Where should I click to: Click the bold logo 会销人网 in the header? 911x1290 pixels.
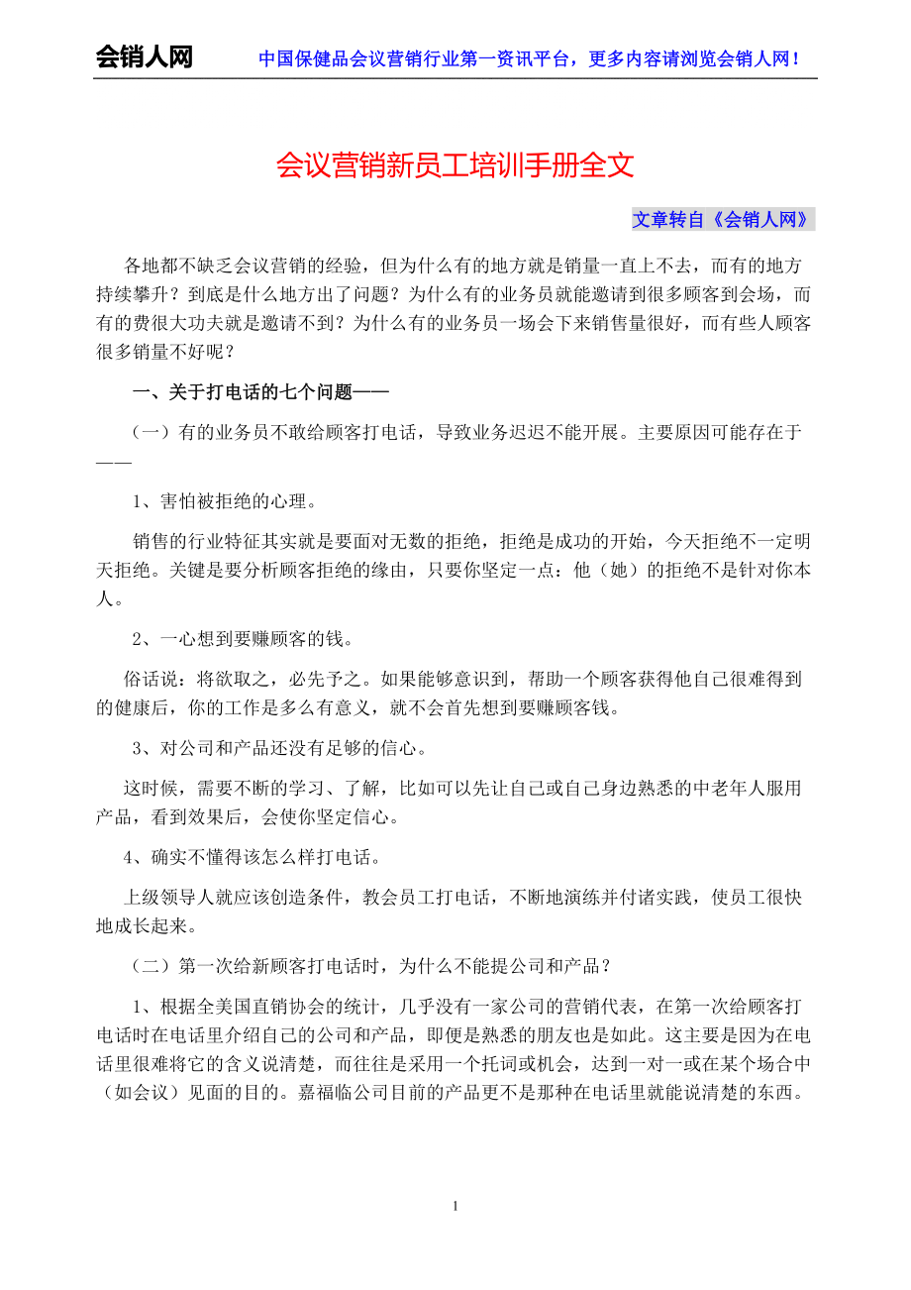[x=144, y=57]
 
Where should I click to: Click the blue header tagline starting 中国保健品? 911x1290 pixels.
[x=529, y=58]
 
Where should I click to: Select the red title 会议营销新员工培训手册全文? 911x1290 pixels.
[x=455, y=164]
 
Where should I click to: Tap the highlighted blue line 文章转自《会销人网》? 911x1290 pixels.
[x=722, y=220]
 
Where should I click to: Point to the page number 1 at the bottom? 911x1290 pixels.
[x=455, y=1206]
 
